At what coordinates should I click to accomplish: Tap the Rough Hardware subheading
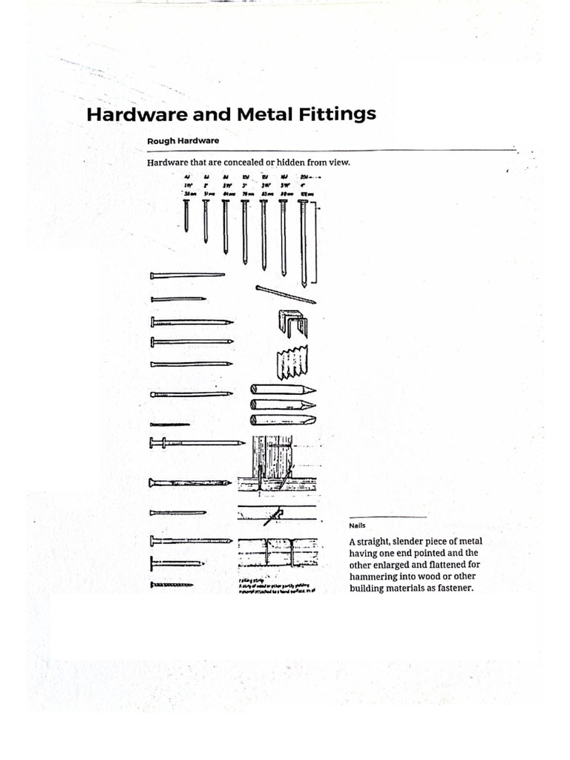(x=183, y=141)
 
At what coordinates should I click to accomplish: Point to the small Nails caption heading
(x=358, y=525)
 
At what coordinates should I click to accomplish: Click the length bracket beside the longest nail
(x=318, y=245)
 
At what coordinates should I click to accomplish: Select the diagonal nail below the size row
(x=286, y=294)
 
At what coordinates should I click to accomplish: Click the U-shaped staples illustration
(x=292, y=322)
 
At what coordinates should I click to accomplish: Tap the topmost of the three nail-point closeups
(x=282, y=390)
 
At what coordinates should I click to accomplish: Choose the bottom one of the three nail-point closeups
(x=282, y=420)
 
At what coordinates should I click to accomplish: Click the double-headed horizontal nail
(x=197, y=443)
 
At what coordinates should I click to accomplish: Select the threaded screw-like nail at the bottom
(x=171, y=585)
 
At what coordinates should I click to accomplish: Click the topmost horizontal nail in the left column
(x=187, y=275)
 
